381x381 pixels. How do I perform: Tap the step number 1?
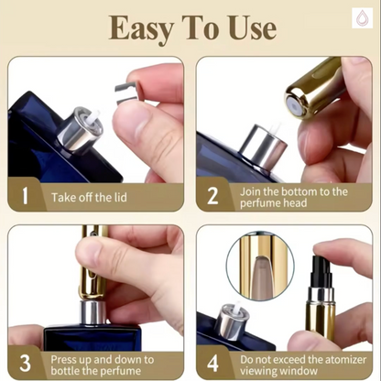tap(26, 195)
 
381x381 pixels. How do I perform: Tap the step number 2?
tap(212, 195)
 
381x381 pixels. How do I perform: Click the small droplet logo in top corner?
tap(363, 18)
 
